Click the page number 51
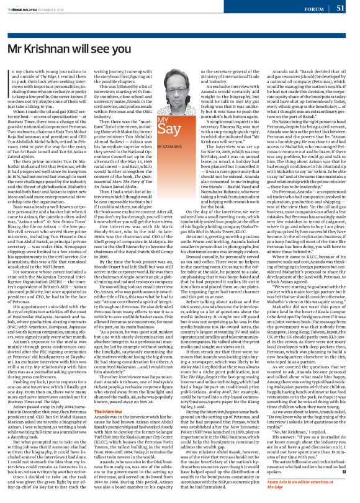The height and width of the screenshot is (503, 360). tap(340, 8)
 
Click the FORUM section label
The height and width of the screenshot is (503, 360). tap(313, 9)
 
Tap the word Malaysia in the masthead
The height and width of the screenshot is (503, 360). tap(45, 7)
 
